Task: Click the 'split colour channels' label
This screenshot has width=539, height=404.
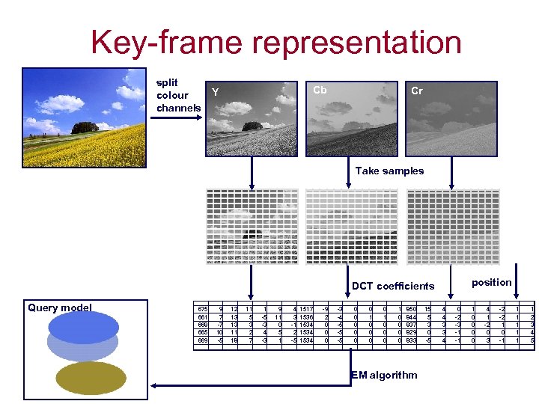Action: point(178,95)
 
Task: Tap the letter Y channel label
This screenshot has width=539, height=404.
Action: point(216,93)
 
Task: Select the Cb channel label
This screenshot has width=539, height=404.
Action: point(320,90)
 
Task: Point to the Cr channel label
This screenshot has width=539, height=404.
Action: point(417,91)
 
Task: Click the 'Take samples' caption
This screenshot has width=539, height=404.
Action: point(389,171)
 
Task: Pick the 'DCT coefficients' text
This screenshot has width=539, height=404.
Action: point(392,286)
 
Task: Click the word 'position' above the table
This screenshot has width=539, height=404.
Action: point(492,282)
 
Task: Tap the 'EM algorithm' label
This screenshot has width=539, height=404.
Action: point(384,374)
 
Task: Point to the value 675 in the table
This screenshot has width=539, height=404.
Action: point(201,308)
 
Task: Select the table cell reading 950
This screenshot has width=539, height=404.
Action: point(411,308)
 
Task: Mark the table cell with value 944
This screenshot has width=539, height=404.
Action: point(411,316)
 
